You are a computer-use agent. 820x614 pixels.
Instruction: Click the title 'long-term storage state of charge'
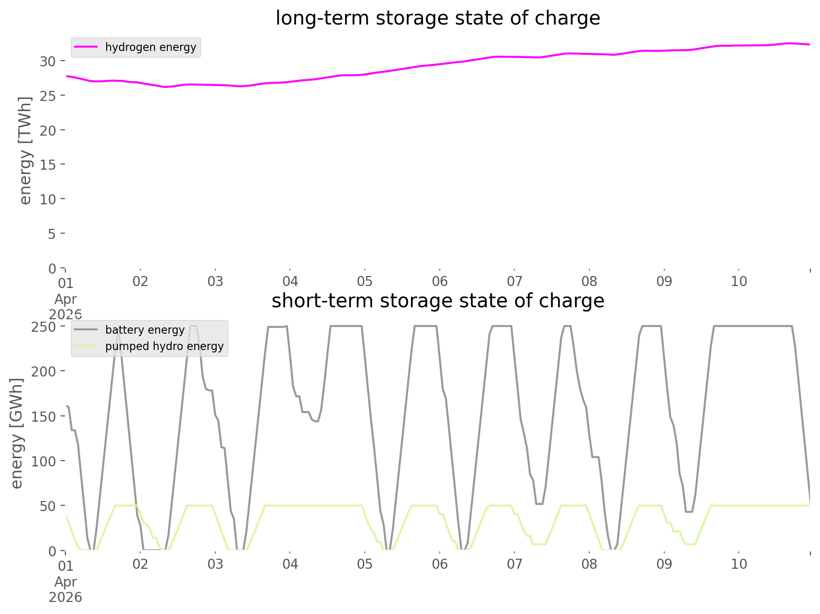tap(437, 18)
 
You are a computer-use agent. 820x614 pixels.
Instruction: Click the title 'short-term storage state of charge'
tap(437, 301)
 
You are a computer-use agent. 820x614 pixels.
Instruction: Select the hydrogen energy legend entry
tap(150, 47)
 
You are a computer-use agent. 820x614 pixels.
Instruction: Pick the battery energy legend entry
tap(145, 330)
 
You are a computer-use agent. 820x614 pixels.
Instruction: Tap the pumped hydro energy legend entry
tap(164, 346)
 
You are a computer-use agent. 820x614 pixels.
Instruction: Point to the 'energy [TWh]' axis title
tap(25, 150)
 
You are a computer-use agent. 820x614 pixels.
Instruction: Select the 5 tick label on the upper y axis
tap(52, 234)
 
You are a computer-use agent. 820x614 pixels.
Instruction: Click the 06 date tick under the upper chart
tap(439, 281)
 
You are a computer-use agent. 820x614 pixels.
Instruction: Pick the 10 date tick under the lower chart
tap(739, 564)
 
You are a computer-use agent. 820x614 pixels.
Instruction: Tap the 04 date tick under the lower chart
tap(290, 564)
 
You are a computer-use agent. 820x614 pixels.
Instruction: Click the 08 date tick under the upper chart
tap(589, 281)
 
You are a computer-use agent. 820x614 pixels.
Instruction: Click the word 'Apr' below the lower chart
tap(65, 582)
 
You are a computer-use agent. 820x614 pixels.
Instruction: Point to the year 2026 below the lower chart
tap(65, 598)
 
